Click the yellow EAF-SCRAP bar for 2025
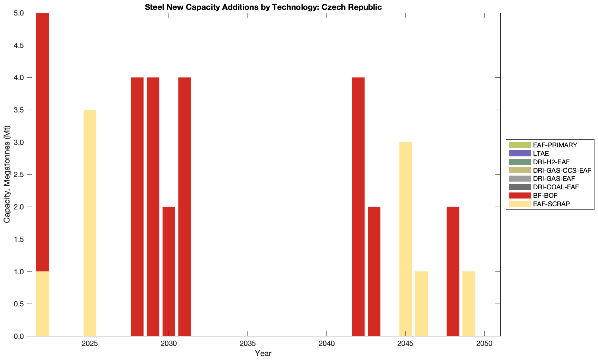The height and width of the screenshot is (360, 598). [90, 223]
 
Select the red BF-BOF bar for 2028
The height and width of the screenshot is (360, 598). [137, 207]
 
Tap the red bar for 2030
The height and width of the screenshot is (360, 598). [169, 271]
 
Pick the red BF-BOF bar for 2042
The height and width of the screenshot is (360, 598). [358, 207]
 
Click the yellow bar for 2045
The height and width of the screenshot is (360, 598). [405, 239]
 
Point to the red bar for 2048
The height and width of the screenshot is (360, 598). [453, 271]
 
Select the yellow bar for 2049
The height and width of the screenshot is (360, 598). [469, 304]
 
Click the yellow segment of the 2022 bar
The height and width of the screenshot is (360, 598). [43, 304]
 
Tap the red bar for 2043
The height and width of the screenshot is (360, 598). [374, 271]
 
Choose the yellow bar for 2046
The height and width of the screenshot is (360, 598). [421, 304]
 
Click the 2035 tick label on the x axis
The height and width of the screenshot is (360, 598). [248, 343]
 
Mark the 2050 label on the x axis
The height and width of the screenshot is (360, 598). [484, 343]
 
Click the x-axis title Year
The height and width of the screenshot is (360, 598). [263, 353]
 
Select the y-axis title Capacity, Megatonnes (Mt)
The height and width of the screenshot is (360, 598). [7, 175]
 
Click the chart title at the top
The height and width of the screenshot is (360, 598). [263, 7]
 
